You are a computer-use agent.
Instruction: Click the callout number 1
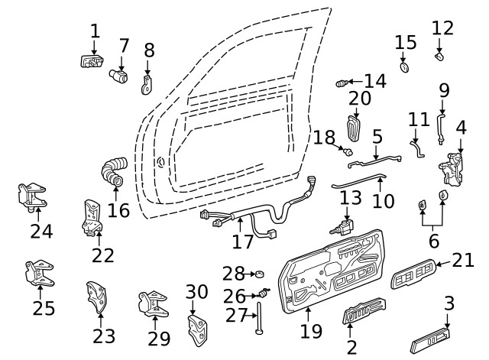point(95,31)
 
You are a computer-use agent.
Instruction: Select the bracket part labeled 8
point(148,83)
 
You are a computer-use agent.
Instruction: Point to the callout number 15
point(406,41)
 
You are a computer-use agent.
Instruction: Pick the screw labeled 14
point(343,82)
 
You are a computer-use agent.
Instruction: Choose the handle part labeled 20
point(354,128)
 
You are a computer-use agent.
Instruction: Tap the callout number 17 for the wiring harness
point(242,242)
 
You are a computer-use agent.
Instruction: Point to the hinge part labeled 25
point(37,274)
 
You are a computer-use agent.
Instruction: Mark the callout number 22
point(103,255)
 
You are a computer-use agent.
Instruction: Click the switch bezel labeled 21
point(414,273)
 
